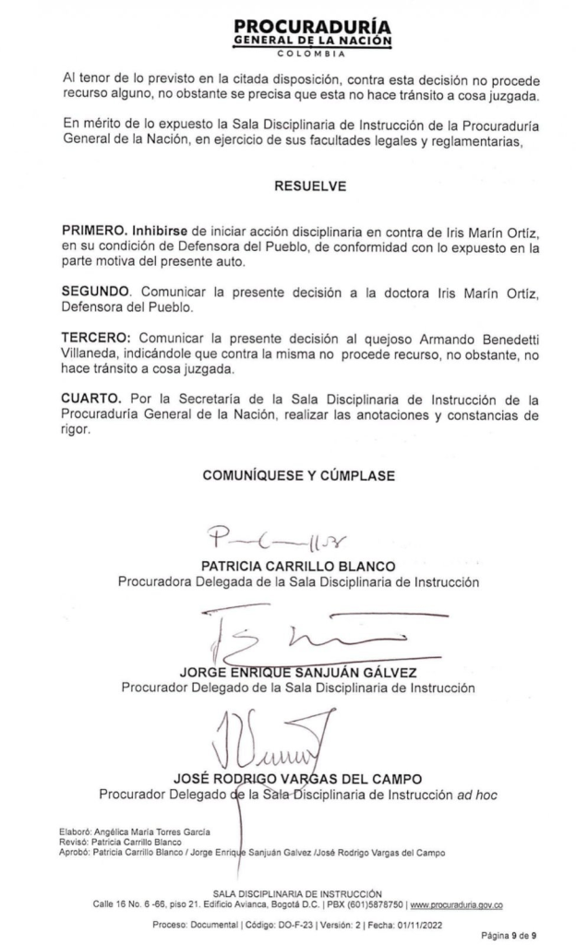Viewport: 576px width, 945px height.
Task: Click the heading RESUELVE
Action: tap(310, 185)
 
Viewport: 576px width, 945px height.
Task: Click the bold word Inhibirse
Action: tap(163, 230)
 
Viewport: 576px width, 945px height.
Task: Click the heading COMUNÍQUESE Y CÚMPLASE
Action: tap(298, 476)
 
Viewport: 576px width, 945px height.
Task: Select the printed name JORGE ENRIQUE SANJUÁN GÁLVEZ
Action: tap(297, 672)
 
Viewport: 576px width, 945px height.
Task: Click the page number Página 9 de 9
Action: tap(512, 935)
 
